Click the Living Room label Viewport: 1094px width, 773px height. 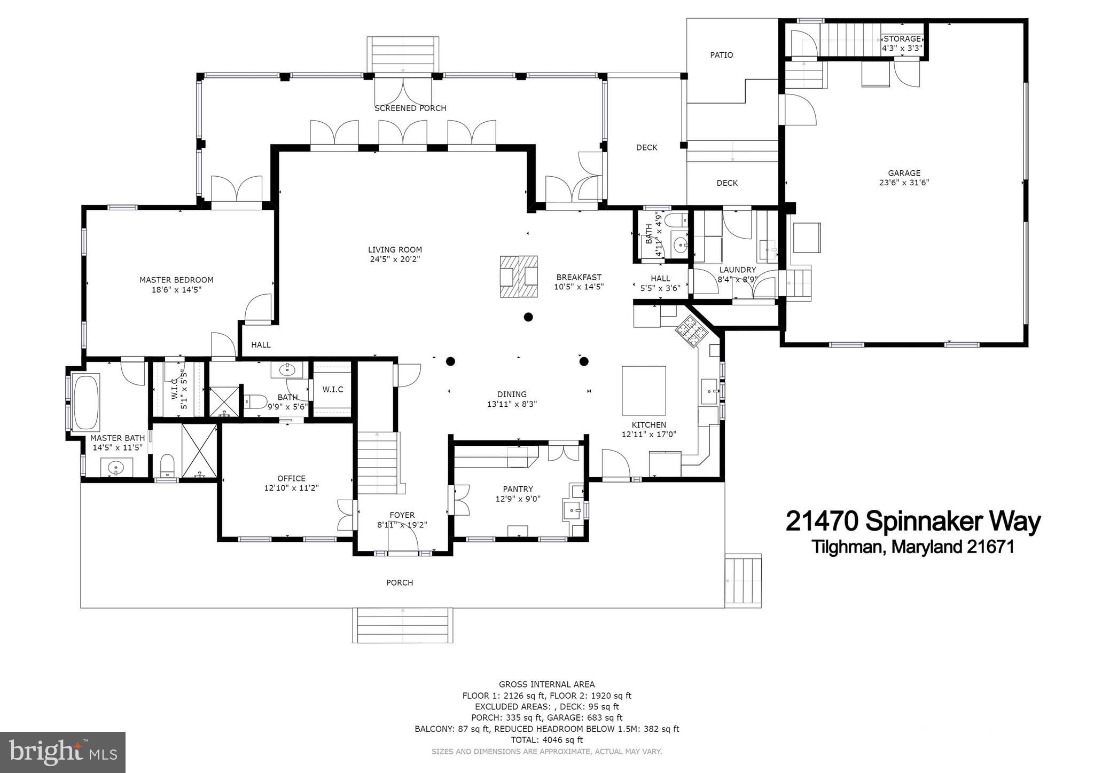[395, 250]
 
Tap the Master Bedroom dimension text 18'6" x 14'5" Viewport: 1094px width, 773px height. [176, 290]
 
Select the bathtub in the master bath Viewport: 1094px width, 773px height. [86, 402]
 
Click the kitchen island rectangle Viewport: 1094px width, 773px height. [644, 390]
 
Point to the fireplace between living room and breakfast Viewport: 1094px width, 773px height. [518, 277]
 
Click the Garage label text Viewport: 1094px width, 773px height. [904, 173]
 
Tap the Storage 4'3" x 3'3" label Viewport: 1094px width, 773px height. [902, 43]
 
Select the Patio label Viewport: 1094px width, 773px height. [721, 55]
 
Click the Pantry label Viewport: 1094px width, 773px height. [518, 489]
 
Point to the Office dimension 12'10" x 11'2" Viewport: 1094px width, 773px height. [291, 488]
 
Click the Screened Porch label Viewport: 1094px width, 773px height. [410, 108]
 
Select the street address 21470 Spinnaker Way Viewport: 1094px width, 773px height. [913, 522]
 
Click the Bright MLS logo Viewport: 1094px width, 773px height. [62, 752]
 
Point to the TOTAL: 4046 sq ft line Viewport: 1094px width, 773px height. [546, 740]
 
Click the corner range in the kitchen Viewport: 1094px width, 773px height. [692, 331]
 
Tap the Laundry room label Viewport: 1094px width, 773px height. [737, 270]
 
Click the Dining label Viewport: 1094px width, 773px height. [511, 395]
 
